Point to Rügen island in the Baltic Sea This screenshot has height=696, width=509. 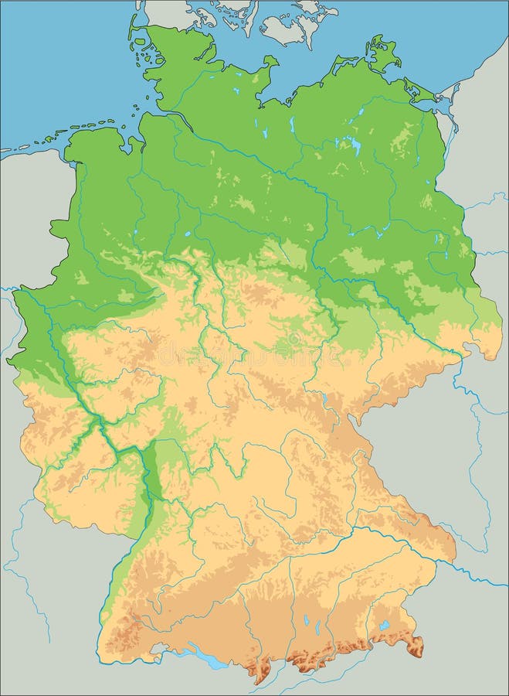381,54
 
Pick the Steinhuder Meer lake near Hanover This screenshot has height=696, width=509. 188,233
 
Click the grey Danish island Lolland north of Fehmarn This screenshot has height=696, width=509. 290,23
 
